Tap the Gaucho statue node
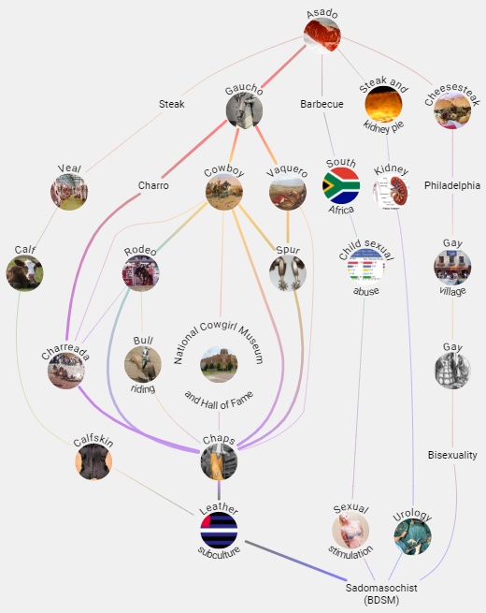coord(244,110)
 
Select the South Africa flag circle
coord(341,185)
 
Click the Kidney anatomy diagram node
coord(391,192)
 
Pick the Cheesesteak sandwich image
coord(452,110)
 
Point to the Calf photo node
coord(24,273)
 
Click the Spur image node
coord(288,273)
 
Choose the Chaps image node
coord(219,461)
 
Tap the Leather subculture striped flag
coord(219,531)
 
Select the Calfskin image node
coord(93,461)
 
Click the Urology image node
coord(412,536)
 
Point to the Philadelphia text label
coord(452,185)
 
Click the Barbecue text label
coord(322,104)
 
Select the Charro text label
coord(153,185)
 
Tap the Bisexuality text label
coord(452,455)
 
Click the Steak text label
coord(171,104)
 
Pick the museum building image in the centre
coord(219,364)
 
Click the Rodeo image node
coord(140,273)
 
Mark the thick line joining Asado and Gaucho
coord(283,66)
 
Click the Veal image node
coord(69,192)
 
